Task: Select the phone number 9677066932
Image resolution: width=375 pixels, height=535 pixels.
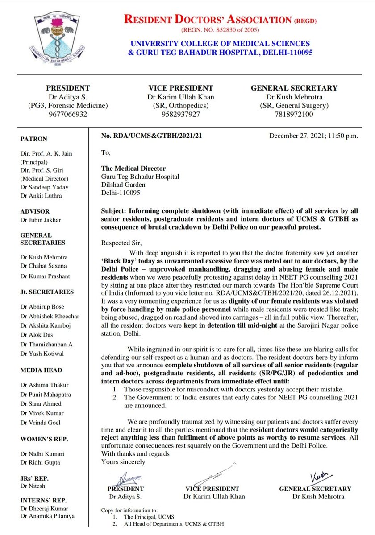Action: point(68,114)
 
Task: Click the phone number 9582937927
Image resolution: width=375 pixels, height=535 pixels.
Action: point(180,114)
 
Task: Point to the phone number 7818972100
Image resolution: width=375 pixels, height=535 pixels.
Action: point(294,114)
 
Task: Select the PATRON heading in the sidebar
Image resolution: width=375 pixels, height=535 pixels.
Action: point(33,139)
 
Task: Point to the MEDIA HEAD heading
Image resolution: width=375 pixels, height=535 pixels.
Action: point(41,370)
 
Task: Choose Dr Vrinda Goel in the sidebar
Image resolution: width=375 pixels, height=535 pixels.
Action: point(40,423)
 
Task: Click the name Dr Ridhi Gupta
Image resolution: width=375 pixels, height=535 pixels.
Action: point(40,462)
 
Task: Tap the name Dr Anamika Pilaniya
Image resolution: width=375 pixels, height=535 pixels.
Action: point(47,516)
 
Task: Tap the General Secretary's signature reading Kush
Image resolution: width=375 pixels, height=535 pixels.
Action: point(320,476)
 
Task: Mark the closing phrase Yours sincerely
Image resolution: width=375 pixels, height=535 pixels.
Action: point(123,462)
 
